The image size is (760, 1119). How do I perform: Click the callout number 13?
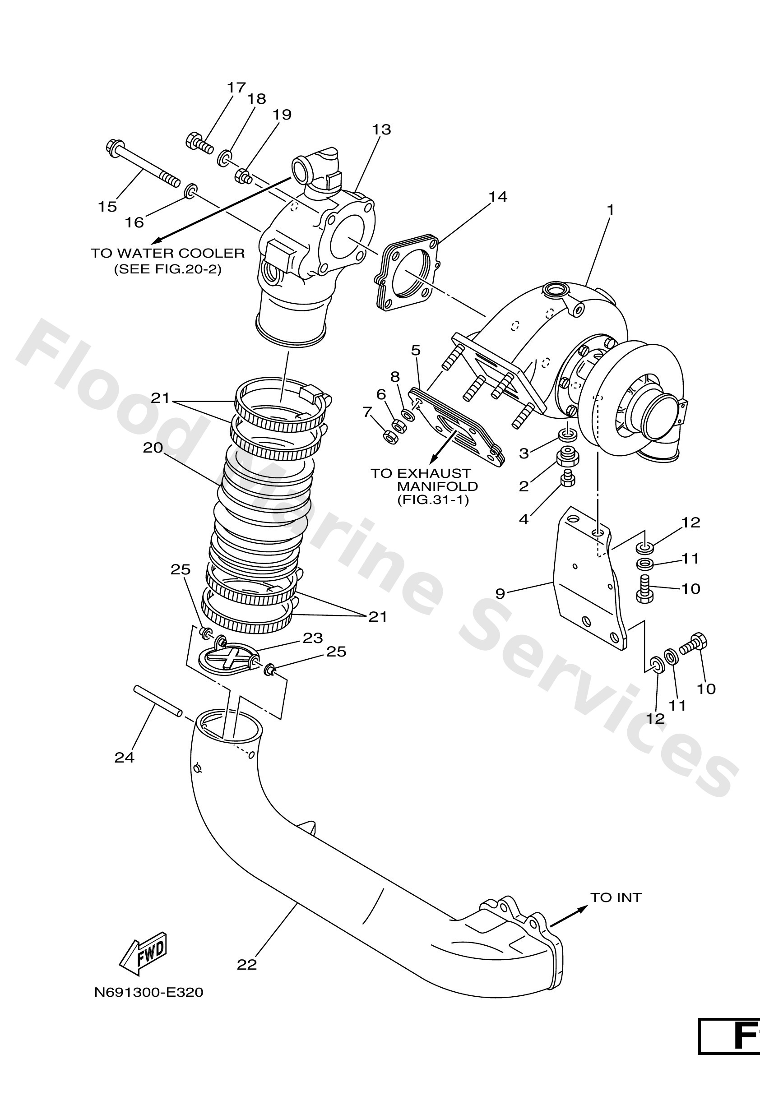pos(381,129)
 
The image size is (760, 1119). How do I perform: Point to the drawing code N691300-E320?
pos(148,992)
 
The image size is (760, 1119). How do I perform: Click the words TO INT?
pos(616,897)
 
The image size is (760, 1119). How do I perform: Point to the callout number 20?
pos(153,448)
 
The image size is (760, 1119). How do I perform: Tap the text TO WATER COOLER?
pos(167,253)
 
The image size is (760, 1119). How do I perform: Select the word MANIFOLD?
pos(437,486)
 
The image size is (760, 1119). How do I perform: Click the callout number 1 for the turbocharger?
pos(610,210)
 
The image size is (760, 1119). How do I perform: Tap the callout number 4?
pos(524,519)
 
